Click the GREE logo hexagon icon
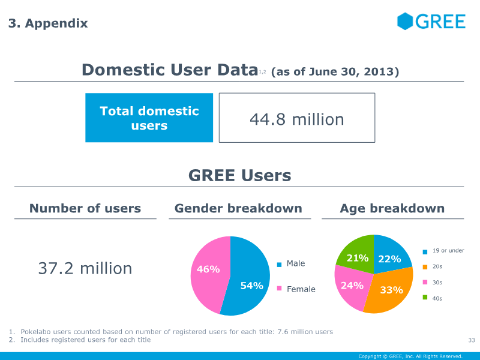click(x=405, y=22)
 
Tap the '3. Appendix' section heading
click(x=48, y=23)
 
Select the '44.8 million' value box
click(x=297, y=119)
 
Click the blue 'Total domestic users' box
click(x=149, y=118)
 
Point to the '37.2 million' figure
click(x=85, y=268)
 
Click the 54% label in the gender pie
click(x=251, y=286)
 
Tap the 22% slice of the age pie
click(x=389, y=259)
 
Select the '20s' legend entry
click(x=437, y=266)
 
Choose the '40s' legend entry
click(x=437, y=298)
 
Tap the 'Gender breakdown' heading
click(x=238, y=209)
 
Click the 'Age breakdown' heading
click(x=392, y=209)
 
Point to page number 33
click(x=471, y=341)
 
